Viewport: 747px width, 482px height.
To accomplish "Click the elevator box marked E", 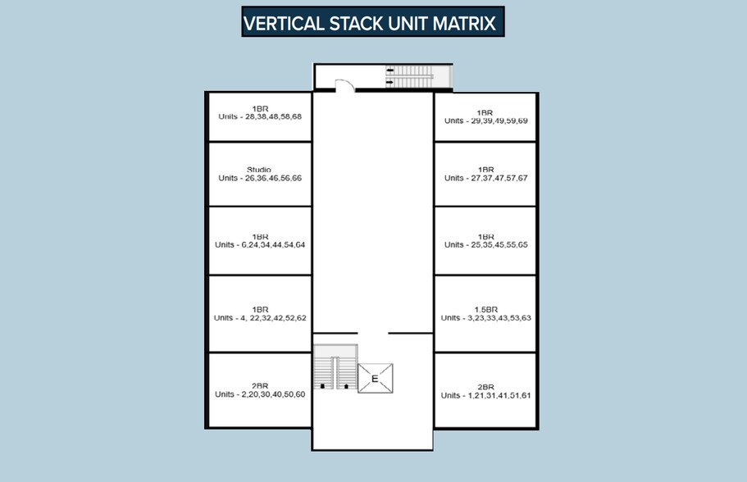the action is point(376,379).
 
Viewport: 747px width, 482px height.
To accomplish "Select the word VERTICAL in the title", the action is point(284,23).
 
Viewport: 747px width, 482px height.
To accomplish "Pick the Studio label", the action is point(259,170).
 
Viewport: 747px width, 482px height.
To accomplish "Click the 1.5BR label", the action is point(486,310).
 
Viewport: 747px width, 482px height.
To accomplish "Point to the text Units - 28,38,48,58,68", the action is point(260,116).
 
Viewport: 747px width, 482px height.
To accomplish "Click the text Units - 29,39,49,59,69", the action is point(486,121).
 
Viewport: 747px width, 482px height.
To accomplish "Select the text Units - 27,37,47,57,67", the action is point(486,178).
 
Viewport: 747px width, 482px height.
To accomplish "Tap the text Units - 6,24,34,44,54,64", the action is point(260,245).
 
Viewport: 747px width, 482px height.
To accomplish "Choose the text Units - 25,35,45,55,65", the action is point(486,245).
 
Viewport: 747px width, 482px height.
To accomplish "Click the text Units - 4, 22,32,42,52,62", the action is point(260,318).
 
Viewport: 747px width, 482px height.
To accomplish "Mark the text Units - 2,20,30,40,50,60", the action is point(260,394).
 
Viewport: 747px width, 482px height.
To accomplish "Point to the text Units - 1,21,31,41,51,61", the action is point(486,395).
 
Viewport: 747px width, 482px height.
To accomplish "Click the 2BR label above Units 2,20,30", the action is point(260,386).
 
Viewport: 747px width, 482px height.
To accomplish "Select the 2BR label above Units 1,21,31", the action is point(486,387).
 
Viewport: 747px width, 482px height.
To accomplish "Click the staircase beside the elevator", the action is point(335,366).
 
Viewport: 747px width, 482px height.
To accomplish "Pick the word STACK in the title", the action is point(355,23).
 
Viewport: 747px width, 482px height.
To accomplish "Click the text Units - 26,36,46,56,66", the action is point(260,178).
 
